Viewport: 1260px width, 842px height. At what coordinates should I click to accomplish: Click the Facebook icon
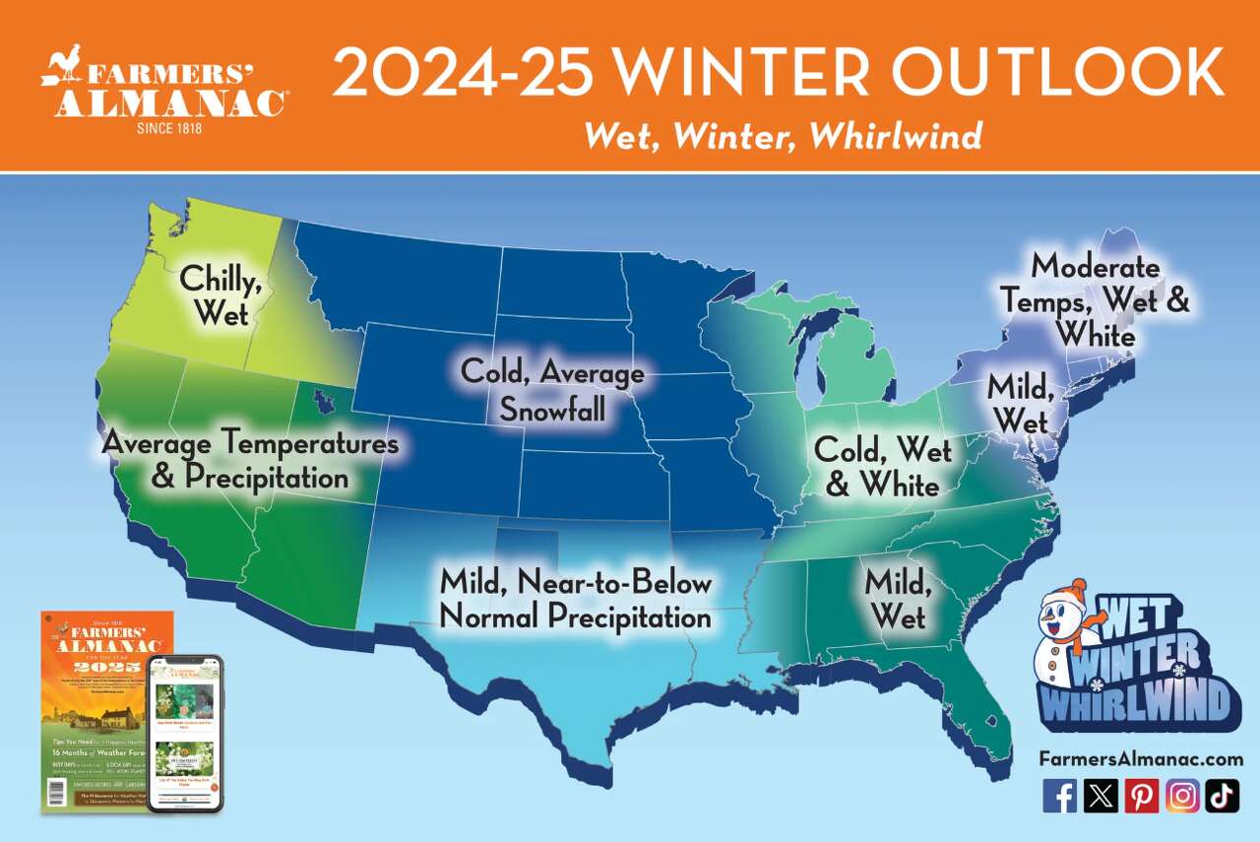(1059, 795)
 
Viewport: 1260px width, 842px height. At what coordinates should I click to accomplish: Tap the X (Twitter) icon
(1101, 795)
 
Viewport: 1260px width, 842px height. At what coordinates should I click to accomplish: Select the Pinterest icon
(1142, 795)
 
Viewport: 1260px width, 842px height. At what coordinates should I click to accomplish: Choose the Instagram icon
(1182, 795)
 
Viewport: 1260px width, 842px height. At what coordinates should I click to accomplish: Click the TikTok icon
(1222, 795)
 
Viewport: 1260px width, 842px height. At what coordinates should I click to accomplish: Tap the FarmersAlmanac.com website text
(1140, 759)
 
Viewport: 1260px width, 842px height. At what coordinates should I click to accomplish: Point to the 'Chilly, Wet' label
(220, 295)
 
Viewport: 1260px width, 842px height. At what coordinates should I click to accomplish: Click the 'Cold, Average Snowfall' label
(552, 391)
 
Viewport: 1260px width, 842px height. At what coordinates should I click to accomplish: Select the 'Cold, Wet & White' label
(882, 467)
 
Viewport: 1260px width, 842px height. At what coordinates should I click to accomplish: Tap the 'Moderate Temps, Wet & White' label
(1095, 301)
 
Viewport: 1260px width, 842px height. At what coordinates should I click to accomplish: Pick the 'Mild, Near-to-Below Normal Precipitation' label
(575, 600)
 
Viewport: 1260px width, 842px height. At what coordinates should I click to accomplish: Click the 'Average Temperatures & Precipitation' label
(250, 460)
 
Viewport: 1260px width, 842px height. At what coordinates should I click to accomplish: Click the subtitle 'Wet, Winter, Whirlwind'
(783, 135)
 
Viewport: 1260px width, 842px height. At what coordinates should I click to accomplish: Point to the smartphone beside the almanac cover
(185, 734)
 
